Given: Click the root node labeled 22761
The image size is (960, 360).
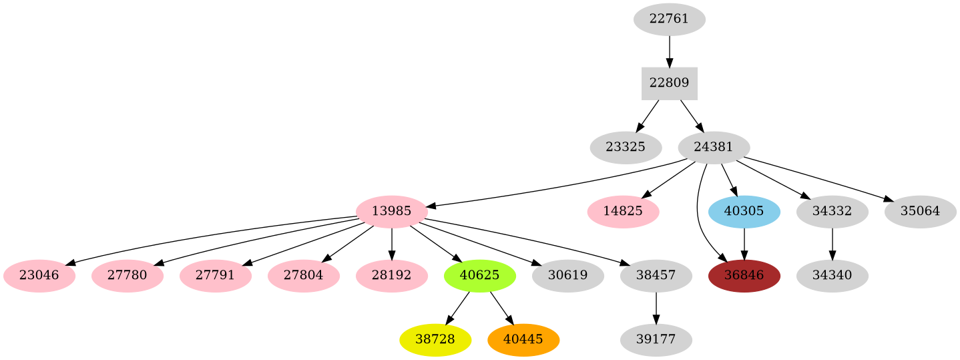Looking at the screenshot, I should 669,19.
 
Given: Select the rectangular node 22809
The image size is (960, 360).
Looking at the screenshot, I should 669,83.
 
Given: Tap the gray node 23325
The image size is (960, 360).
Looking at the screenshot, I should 626,147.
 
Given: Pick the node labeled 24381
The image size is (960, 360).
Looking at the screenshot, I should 714,147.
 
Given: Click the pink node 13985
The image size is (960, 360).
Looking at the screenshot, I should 391,211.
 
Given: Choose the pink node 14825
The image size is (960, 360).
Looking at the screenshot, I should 623,211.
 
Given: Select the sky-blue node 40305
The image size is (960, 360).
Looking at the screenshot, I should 744,211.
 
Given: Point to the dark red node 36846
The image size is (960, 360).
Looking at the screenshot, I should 744,275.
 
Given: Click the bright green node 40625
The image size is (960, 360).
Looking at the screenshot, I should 479,275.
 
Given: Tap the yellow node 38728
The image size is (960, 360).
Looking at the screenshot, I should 435,339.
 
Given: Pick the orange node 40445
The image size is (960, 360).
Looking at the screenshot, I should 523,339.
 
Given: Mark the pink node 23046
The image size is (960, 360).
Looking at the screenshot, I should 39,275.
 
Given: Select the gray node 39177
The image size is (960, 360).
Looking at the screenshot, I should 656,339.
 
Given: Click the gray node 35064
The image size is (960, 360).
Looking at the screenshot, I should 920,211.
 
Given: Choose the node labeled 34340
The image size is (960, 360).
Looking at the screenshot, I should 832,275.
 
